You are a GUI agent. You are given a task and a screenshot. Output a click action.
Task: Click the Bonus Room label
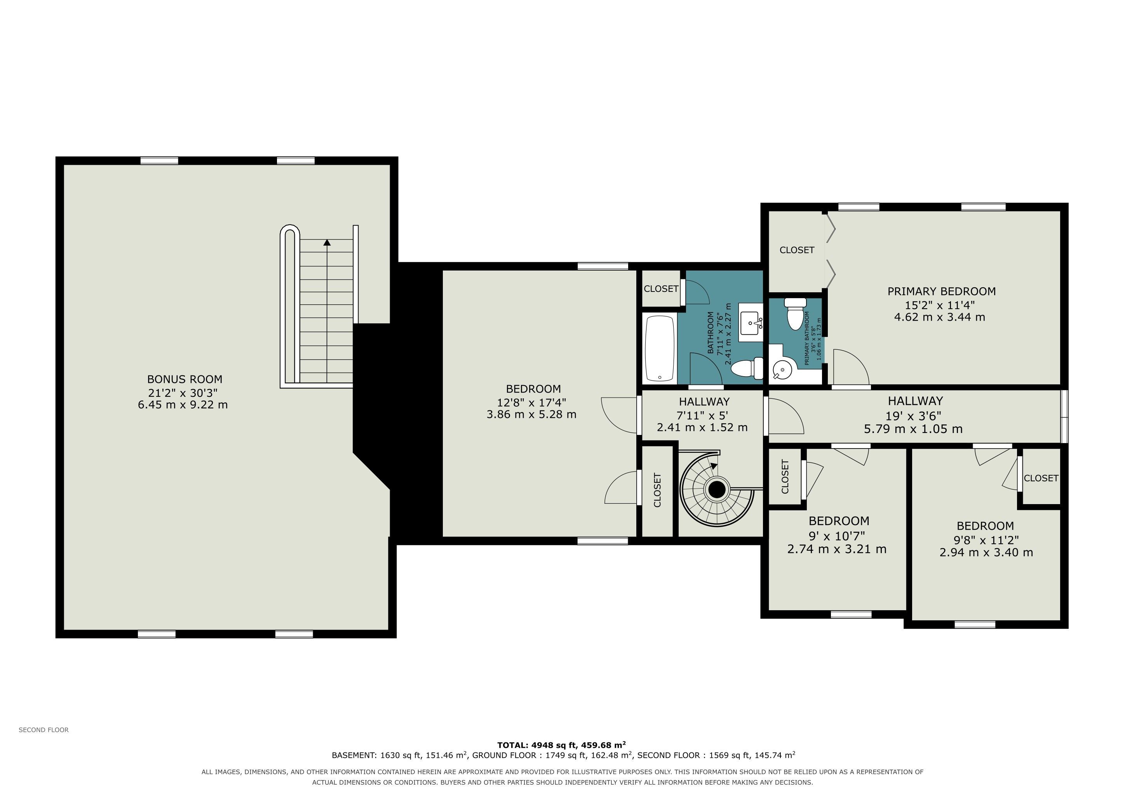click(x=185, y=379)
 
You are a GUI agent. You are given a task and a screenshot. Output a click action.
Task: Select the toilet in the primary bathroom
click(x=795, y=314)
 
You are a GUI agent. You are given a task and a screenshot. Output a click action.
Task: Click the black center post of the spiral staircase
click(x=717, y=489)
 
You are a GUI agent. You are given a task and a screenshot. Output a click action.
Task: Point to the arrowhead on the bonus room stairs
click(x=327, y=242)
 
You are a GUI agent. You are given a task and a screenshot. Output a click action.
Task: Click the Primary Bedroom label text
click(x=941, y=292)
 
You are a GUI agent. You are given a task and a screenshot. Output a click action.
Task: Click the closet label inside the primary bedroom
click(x=797, y=250)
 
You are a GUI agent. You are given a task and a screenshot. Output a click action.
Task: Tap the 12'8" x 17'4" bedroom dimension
click(x=532, y=402)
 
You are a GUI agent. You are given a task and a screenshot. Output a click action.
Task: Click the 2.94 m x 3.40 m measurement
click(x=986, y=552)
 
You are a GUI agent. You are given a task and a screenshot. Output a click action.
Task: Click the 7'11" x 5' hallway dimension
click(x=702, y=415)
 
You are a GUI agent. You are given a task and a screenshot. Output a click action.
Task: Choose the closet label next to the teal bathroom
click(x=661, y=289)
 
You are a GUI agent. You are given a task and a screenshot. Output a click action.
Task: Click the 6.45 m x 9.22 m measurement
click(x=183, y=405)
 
